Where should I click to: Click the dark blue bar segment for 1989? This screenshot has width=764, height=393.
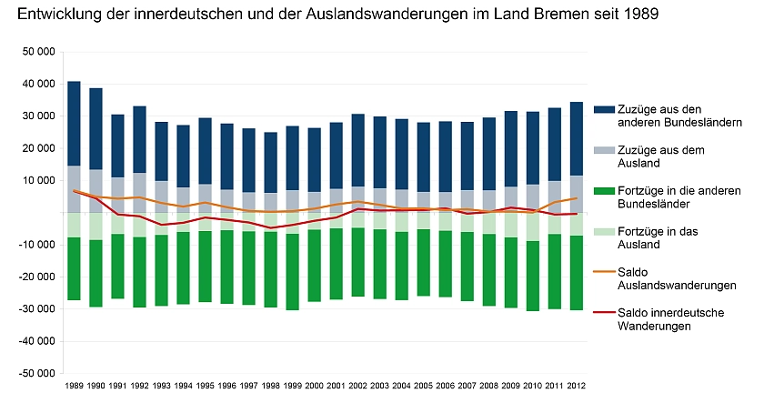coord(74,124)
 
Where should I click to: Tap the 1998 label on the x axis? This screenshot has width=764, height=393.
coord(270,386)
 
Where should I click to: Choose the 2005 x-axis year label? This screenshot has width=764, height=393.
coord(423,386)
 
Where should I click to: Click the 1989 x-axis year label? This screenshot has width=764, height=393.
coord(74,386)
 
